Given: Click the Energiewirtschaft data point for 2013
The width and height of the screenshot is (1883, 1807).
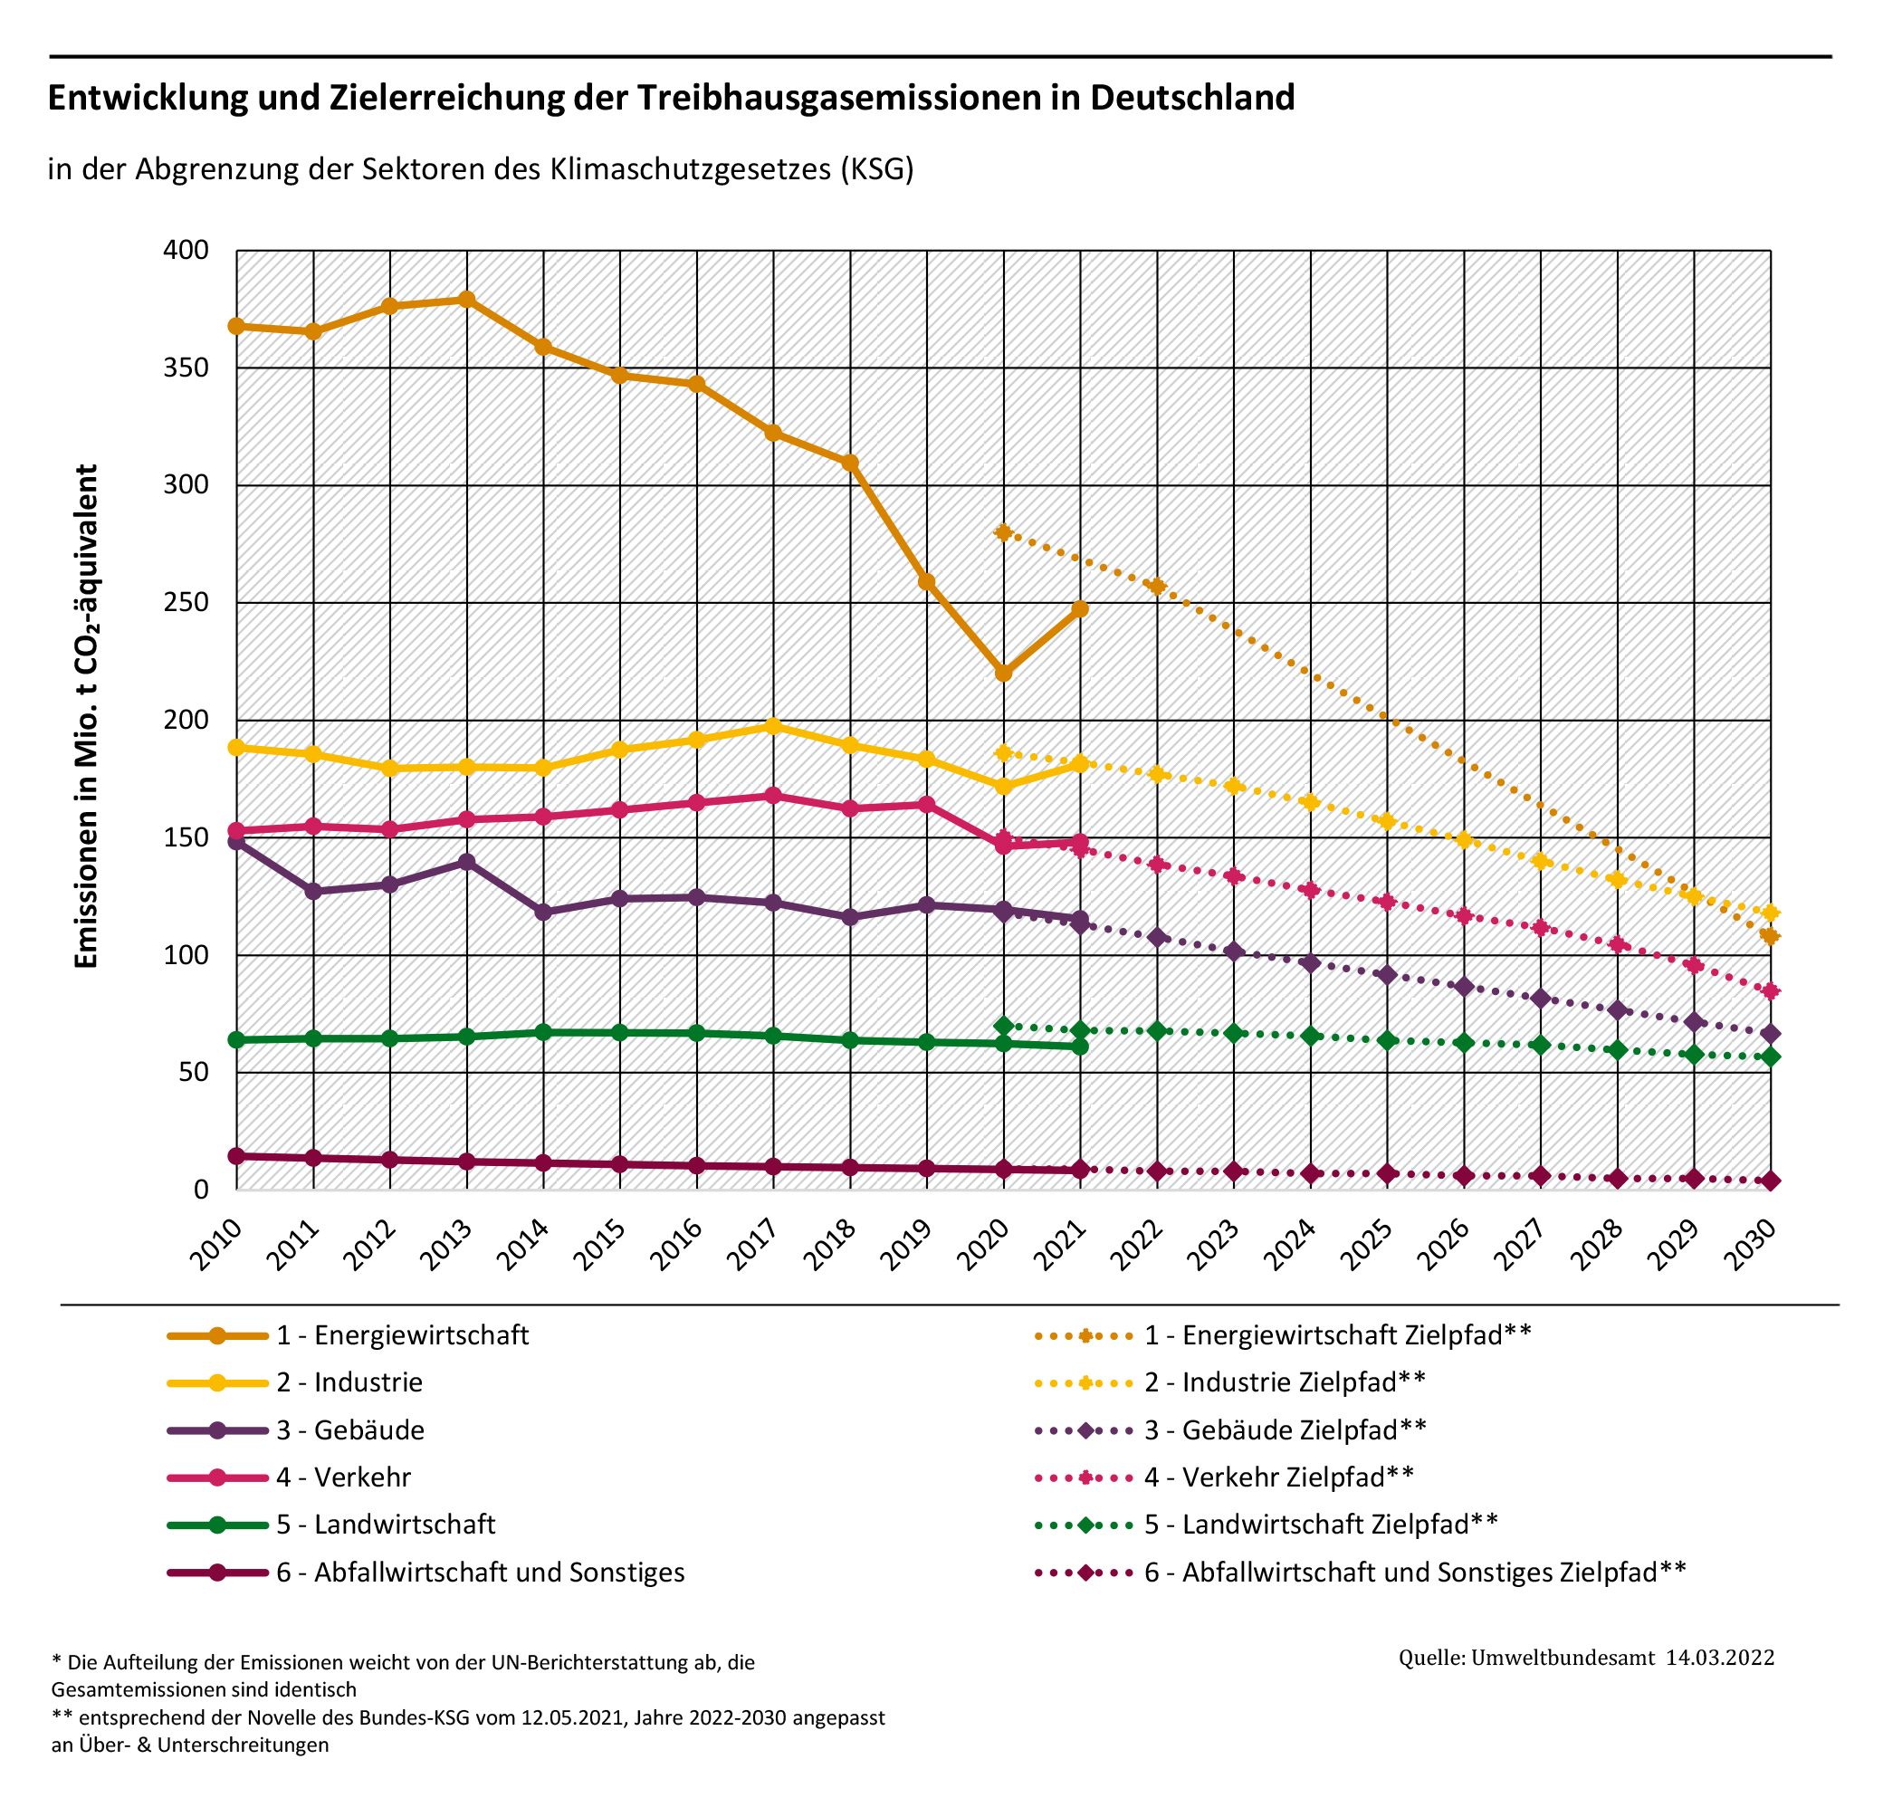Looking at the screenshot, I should click(467, 300).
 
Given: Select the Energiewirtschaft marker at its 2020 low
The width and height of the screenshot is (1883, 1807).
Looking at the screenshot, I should click(1004, 674).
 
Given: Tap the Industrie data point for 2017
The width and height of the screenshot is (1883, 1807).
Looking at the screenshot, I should click(773, 726).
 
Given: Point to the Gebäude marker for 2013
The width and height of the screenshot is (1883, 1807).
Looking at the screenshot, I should click(467, 862).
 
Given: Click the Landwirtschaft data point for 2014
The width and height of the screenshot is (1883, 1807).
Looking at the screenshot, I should click(543, 1033).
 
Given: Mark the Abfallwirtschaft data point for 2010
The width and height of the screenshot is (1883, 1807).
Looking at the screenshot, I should click(236, 1157).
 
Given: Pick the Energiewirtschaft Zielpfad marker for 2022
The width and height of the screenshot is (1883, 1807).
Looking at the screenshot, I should click(1158, 586).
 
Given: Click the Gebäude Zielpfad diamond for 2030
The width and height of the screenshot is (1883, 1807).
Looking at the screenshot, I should click(1771, 1034).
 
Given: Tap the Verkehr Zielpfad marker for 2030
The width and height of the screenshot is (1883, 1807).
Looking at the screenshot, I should click(1771, 991).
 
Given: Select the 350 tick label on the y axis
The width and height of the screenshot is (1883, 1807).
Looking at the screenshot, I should click(186, 368).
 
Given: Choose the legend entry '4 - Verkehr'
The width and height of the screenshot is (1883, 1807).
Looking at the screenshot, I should click(344, 1477).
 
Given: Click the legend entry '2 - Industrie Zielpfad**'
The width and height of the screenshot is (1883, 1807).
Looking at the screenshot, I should click(1285, 1382).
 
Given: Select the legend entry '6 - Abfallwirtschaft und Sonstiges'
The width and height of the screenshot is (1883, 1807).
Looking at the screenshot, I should click(481, 1573).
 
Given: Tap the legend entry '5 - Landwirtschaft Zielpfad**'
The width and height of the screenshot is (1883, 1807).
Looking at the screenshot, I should click(1321, 1525).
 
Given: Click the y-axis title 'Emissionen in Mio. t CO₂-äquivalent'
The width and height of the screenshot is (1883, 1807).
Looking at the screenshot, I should click(87, 717).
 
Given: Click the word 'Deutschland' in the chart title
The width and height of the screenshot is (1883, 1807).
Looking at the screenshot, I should click(1192, 97).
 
